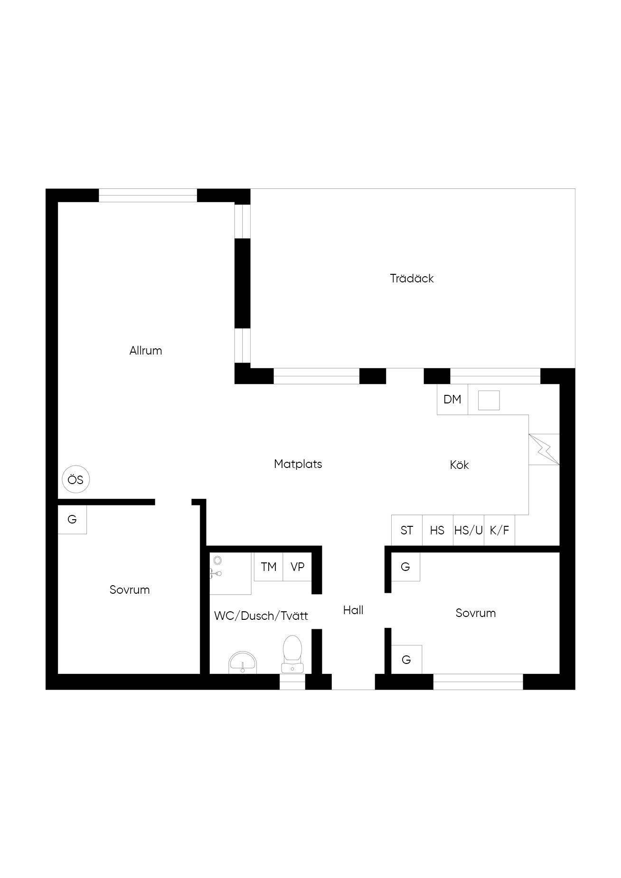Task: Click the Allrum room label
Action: (146, 351)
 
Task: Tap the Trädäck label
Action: (412, 278)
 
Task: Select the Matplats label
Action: (298, 464)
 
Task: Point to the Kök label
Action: (459, 465)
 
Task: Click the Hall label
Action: (353, 610)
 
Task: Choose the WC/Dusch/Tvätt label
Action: (261, 616)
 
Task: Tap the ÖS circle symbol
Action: (76, 480)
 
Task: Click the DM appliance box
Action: (452, 399)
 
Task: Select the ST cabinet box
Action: (407, 530)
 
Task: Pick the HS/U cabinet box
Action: (469, 530)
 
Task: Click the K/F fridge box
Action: (499, 530)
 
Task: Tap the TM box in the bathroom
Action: (269, 567)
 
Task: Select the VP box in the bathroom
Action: (298, 567)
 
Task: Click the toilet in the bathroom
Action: (292, 654)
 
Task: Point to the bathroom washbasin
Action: (243, 663)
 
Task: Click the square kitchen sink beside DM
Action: (489, 400)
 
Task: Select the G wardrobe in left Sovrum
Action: (72, 520)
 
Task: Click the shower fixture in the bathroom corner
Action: (216, 567)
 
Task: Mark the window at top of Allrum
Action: (148, 196)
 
